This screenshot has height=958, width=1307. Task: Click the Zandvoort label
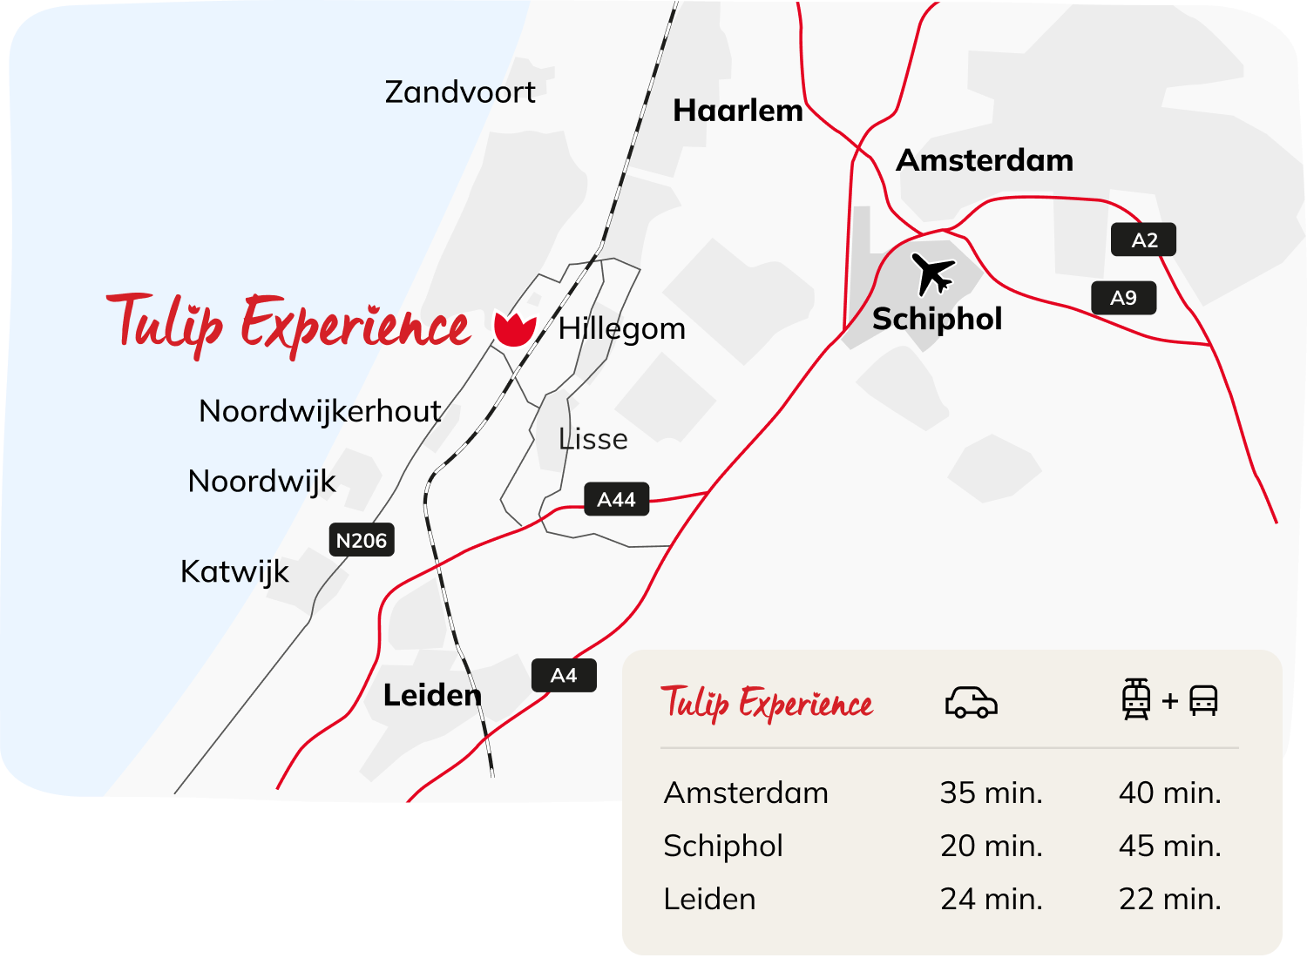(x=460, y=92)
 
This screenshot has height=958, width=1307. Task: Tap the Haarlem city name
(x=738, y=111)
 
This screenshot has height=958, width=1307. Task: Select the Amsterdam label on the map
(x=985, y=160)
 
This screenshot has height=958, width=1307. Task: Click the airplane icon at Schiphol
(x=933, y=273)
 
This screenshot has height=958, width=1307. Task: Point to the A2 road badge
(x=1144, y=240)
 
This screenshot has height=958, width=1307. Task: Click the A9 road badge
(x=1124, y=298)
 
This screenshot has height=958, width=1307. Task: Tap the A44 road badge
(x=616, y=500)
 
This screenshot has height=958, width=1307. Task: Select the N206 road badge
(x=362, y=541)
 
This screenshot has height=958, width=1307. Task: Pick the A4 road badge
(x=564, y=676)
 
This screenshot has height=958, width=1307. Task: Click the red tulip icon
(x=514, y=328)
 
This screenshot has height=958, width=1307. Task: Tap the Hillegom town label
(x=622, y=329)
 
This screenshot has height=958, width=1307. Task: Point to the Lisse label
(x=593, y=439)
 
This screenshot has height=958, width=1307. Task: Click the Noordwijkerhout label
(x=320, y=411)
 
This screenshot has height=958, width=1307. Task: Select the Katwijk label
(x=234, y=572)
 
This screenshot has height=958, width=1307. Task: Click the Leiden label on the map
(x=432, y=695)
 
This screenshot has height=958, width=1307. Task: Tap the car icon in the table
(x=971, y=702)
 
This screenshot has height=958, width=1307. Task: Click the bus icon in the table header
(x=1203, y=700)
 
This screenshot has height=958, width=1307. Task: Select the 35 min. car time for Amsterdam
(x=991, y=793)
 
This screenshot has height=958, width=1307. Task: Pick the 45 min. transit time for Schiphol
(x=1169, y=846)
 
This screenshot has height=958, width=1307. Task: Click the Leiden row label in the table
(x=709, y=899)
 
